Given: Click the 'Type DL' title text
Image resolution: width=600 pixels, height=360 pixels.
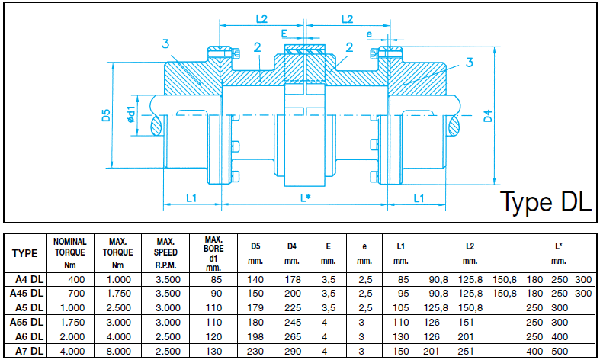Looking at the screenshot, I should click(545, 201).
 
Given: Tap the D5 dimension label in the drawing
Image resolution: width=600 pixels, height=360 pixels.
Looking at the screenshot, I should click(107, 116).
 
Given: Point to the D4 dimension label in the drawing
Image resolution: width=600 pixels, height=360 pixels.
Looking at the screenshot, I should click(488, 116).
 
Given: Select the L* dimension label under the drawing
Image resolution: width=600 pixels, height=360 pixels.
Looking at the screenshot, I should click(305, 198).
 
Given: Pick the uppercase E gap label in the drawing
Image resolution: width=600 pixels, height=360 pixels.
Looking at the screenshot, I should click(284, 34).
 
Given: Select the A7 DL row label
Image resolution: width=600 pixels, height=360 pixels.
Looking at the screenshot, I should click(25, 352).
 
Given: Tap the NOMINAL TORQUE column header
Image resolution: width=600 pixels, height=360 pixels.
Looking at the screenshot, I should click(70, 253).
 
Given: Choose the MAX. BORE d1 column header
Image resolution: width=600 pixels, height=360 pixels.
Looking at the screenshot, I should click(213, 253).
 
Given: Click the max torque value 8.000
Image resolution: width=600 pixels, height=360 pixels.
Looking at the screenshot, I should click(117, 352).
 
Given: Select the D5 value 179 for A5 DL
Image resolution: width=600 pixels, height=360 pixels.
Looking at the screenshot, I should click(255, 307).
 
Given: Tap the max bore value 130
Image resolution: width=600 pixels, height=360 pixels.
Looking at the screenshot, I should click(213, 352).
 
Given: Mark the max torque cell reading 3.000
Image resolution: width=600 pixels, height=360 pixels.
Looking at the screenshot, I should click(117, 322).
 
